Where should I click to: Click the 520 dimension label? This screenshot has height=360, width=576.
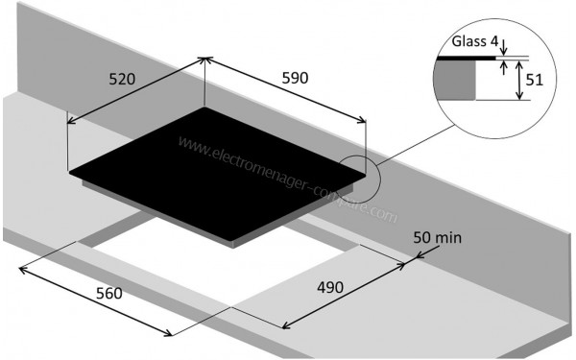(122, 79)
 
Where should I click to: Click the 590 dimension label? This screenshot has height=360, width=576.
(295, 78)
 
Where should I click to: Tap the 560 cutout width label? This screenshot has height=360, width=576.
(109, 293)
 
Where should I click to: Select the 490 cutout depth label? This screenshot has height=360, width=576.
(330, 287)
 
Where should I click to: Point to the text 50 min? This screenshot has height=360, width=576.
(437, 238)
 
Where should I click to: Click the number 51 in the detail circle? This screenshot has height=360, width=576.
(534, 80)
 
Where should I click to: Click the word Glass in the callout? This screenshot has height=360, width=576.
(468, 41)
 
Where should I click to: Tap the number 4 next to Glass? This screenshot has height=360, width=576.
(493, 41)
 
